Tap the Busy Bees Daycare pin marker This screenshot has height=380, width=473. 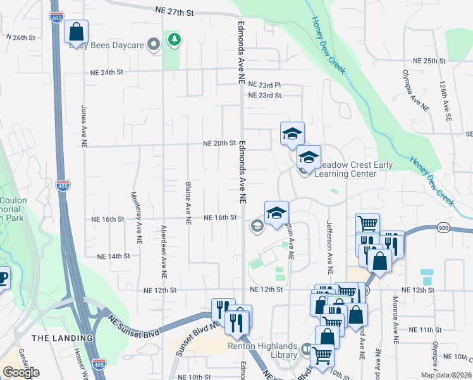153,44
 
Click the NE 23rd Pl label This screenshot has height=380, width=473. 264,84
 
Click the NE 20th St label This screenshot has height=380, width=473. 219,144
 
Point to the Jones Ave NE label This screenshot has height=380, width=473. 83,127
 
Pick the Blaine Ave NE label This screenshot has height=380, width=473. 188,203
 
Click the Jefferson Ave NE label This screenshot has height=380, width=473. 329,243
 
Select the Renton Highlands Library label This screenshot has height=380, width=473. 262,346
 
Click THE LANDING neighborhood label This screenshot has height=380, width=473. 63,338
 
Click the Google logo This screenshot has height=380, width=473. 21,372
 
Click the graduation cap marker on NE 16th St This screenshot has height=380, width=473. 276,213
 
